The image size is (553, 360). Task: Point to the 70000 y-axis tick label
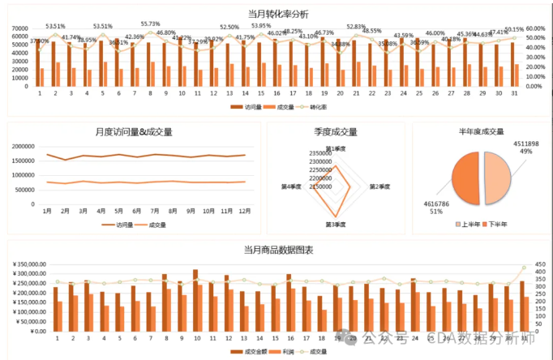21,29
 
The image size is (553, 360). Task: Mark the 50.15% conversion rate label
514,29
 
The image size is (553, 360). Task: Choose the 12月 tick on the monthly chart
244,211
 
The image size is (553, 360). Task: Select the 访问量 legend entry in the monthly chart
124,225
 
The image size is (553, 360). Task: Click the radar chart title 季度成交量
336,131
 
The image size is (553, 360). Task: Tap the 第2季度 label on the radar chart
379,186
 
